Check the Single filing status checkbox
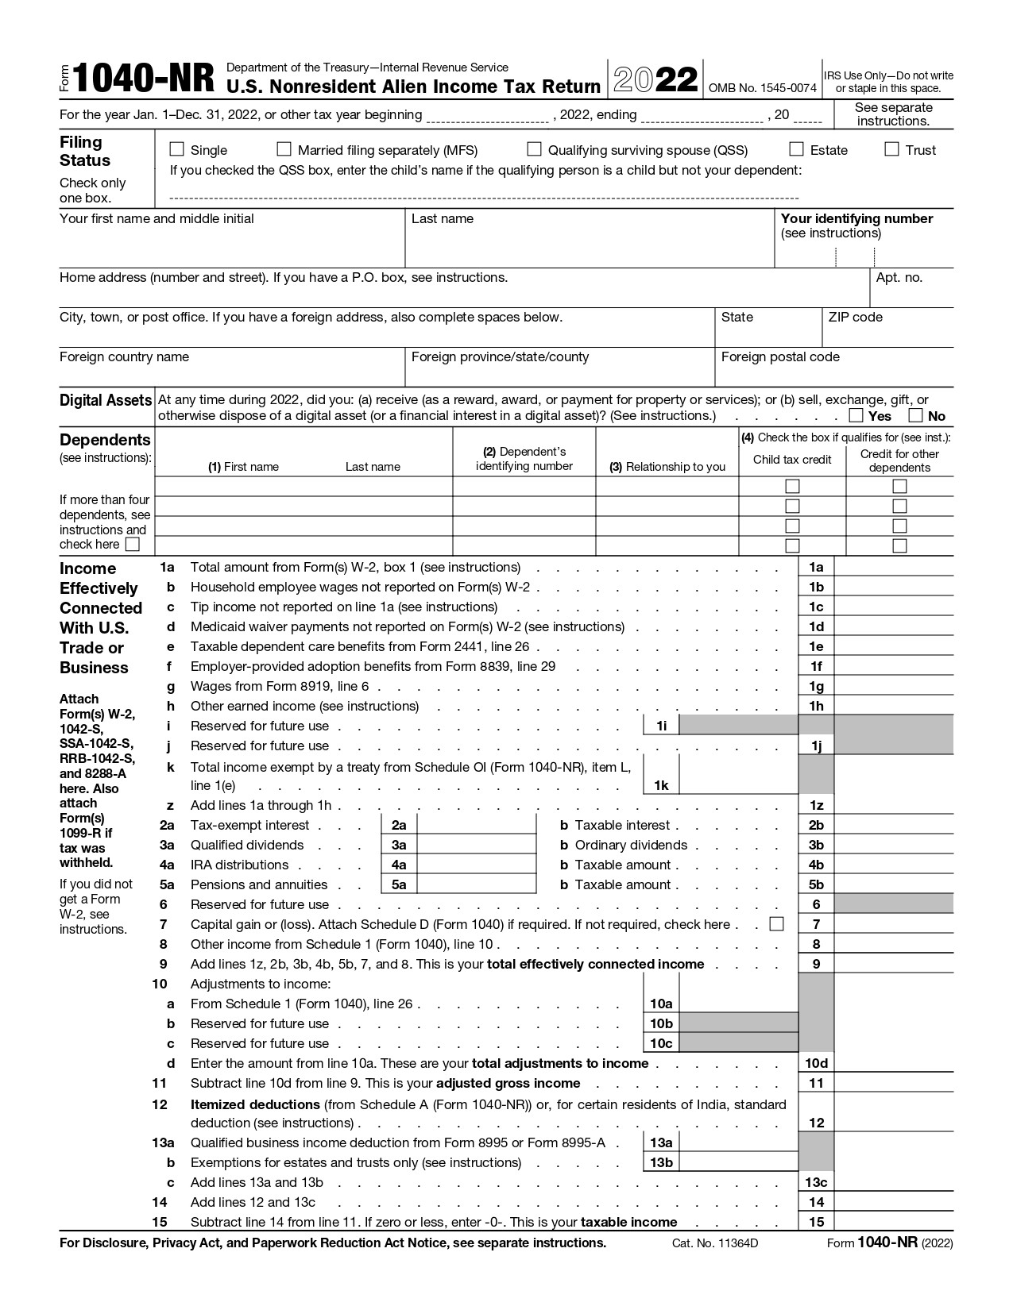point(177,149)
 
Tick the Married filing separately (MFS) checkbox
point(284,149)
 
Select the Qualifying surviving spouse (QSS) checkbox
point(535,149)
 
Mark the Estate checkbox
point(796,149)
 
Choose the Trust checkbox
point(891,149)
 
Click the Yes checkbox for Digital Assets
point(856,415)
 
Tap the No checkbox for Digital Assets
point(915,415)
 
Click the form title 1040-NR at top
point(144,79)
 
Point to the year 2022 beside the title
point(655,80)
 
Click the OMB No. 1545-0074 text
point(762,88)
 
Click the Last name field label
point(443,219)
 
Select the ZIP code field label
point(855,318)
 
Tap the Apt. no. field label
point(899,278)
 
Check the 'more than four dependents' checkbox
point(133,545)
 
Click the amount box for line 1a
point(893,567)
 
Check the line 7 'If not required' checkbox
point(777,924)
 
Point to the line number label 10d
point(816,1063)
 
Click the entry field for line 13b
point(738,1162)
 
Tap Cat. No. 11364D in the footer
point(715,1243)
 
